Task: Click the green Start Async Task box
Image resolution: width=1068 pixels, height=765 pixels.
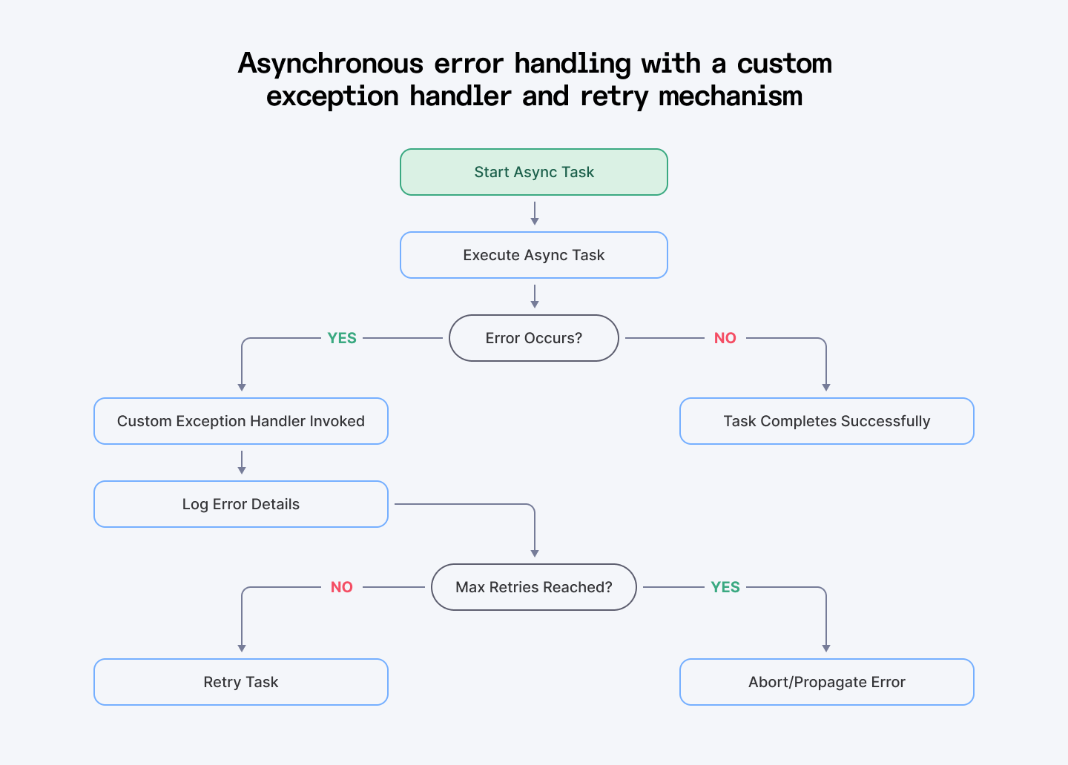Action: [534, 172]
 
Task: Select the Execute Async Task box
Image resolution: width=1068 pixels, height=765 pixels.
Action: [534, 255]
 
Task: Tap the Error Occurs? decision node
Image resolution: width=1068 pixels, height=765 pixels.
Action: [534, 338]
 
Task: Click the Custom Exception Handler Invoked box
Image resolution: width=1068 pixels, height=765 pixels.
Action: [241, 421]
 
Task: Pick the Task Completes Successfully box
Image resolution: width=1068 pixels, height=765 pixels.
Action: [826, 421]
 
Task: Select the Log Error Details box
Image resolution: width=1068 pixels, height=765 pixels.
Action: [241, 504]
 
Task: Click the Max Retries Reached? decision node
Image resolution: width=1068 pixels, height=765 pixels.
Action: [534, 587]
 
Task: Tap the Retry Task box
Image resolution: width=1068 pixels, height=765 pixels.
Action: [241, 682]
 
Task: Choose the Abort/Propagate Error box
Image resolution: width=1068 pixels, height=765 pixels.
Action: [826, 682]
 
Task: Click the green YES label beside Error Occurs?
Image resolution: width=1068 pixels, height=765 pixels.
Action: [342, 338]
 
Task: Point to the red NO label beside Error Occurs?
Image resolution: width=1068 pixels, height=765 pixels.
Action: [725, 338]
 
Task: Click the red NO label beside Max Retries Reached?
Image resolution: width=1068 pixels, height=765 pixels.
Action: [342, 587]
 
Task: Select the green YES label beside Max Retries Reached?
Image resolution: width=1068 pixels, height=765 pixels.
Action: [725, 587]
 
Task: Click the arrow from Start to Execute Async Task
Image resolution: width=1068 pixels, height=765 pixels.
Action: [535, 213]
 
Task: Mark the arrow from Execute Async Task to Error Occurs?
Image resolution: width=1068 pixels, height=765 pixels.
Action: [535, 297]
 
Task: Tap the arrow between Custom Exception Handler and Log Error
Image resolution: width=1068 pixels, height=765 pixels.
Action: [242, 463]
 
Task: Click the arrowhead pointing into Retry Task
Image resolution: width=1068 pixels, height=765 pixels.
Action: [242, 648]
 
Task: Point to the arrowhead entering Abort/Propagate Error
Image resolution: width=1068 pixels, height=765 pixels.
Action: [826, 648]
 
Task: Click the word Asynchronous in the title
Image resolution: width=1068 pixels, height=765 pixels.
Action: [330, 64]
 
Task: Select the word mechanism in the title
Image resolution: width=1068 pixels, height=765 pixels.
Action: [730, 96]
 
